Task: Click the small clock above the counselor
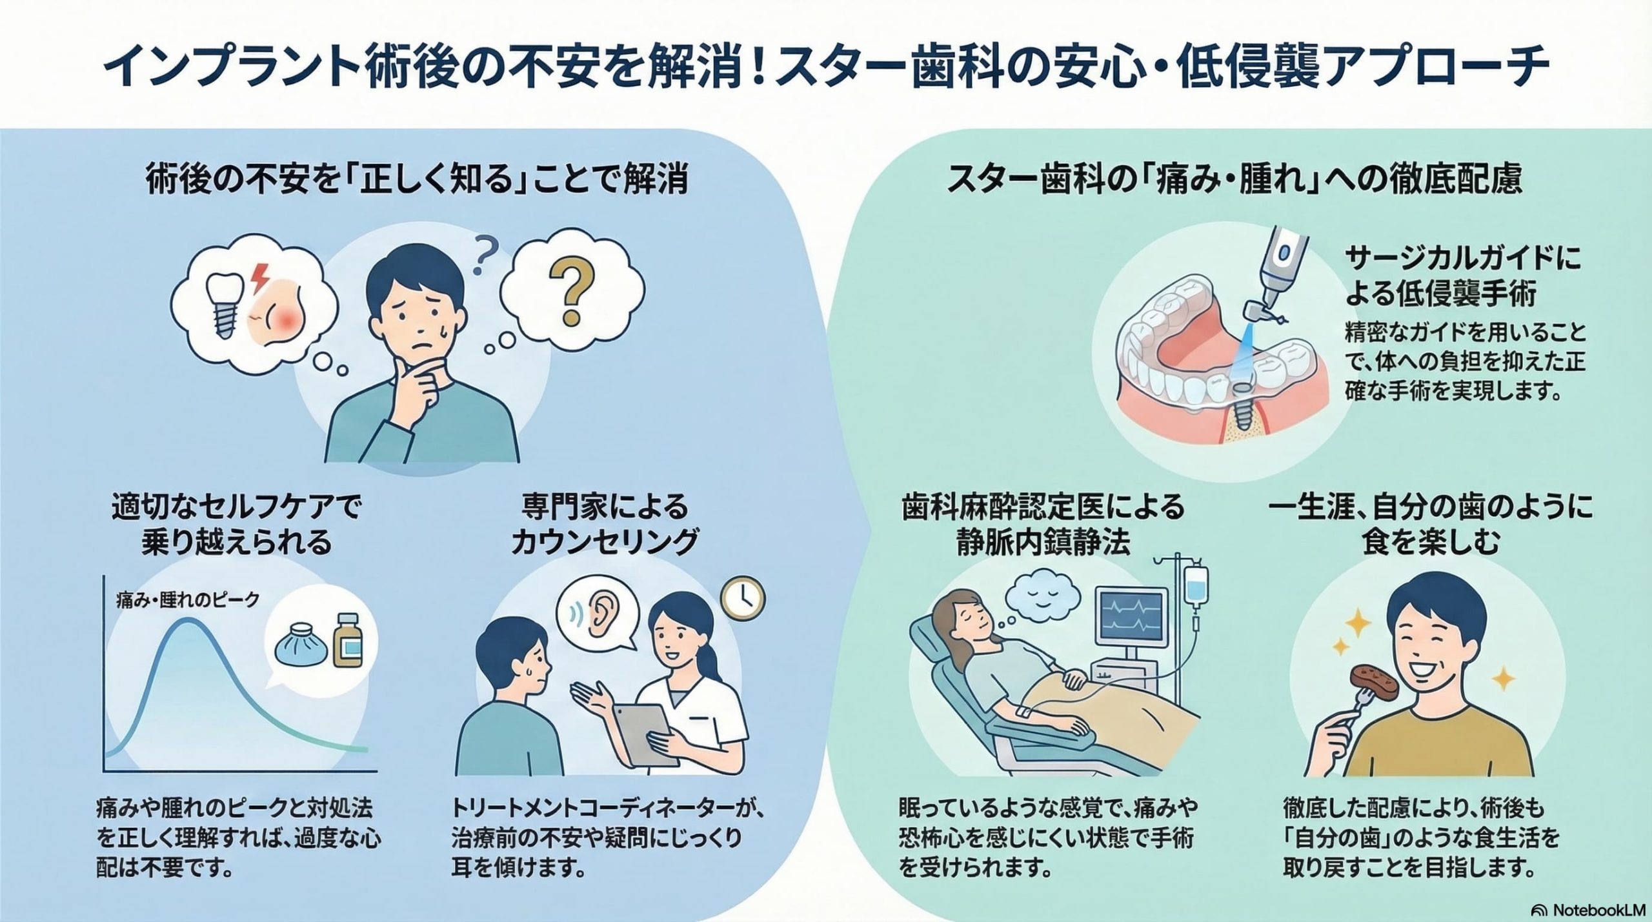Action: (x=743, y=599)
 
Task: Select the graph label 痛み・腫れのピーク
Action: (x=187, y=600)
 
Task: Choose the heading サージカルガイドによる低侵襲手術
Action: (x=1464, y=276)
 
